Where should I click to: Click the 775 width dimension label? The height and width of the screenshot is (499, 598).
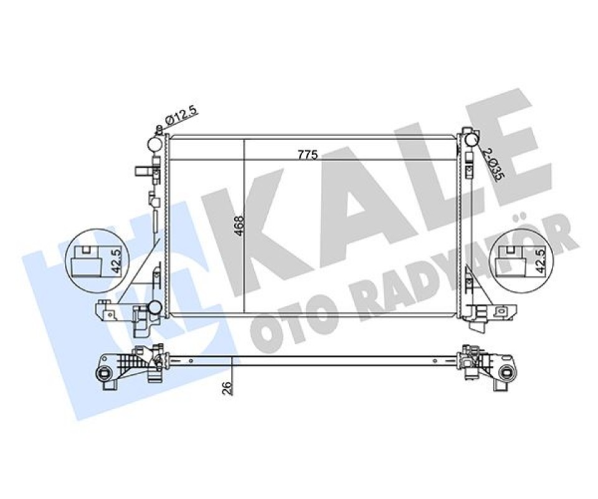[x=308, y=155]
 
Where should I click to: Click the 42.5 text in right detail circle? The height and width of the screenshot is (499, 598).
[x=541, y=259]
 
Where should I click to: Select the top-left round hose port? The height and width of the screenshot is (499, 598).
[x=155, y=144]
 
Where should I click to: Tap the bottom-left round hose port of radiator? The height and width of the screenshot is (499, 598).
[x=155, y=307]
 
